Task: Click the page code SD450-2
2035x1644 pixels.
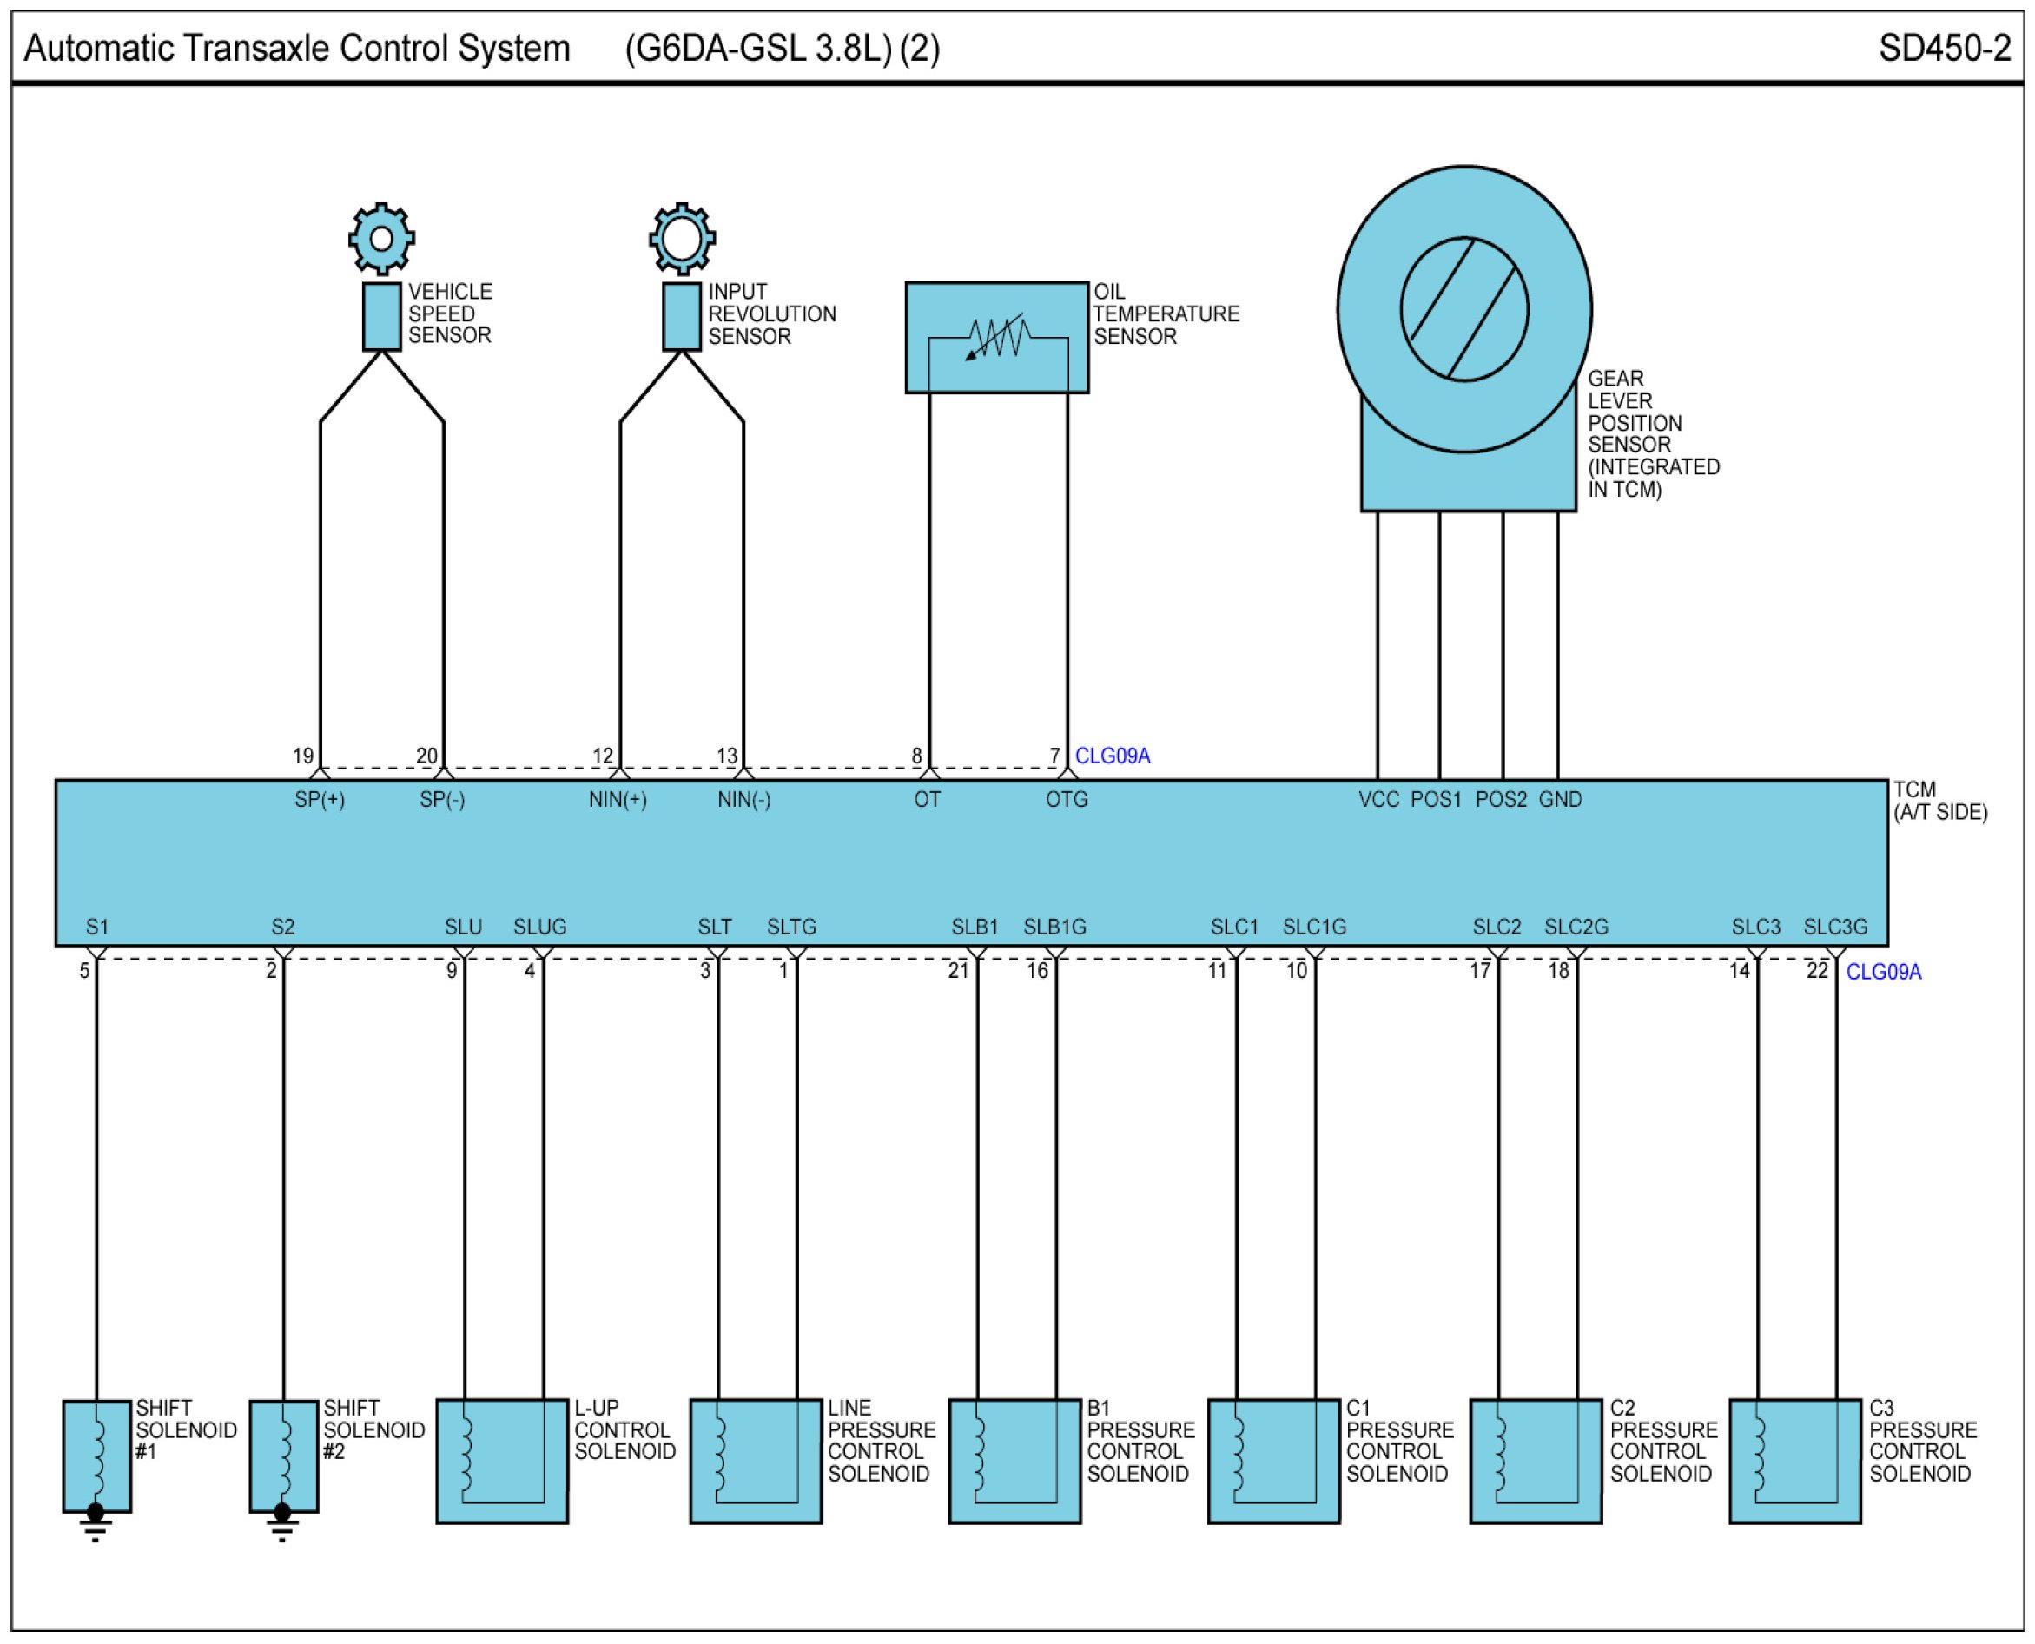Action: coord(1944,49)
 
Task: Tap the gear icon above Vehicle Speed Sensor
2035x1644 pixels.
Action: coord(381,239)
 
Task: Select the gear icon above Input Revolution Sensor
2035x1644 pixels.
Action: coord(682,239)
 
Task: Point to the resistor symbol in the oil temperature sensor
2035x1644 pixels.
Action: coord(998,337)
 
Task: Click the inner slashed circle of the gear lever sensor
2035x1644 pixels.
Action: coord(1464,310)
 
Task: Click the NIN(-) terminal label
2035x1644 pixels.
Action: coord(743,799)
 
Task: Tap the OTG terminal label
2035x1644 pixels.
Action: coord(1067,799)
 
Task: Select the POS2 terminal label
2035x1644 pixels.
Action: coord(1501,799)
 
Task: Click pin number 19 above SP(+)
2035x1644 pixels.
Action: coord(303,756)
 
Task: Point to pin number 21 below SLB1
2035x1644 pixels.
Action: coord(958,971)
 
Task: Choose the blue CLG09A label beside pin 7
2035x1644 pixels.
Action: coord(1113,756)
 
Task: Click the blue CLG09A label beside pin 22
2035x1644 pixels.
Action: coord(1884,972)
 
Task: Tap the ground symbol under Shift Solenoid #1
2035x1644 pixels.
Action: coord(96,1522)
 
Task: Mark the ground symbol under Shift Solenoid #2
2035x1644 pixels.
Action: coord(282,1522)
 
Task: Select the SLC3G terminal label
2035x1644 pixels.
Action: coord(1835,928)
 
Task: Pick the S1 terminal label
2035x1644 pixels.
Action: coord(96,928)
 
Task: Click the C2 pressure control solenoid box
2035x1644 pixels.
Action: coord(1535,1462)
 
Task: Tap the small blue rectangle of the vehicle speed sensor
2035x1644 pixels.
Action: coord(381,316)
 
